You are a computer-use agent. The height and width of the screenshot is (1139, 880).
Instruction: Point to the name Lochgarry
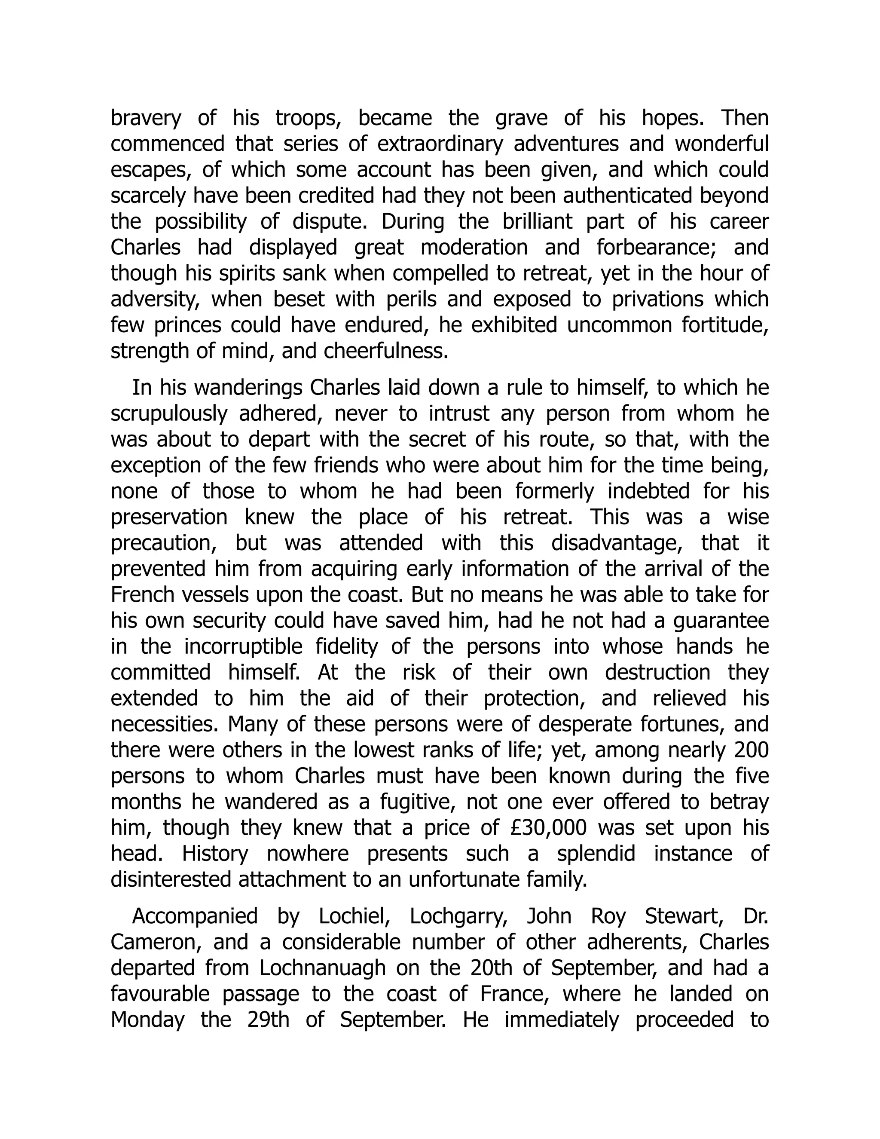pos(458,916)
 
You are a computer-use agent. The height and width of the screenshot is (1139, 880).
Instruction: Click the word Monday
pos(147,1020)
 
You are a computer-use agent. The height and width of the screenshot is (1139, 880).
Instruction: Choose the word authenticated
pos(631,196)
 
